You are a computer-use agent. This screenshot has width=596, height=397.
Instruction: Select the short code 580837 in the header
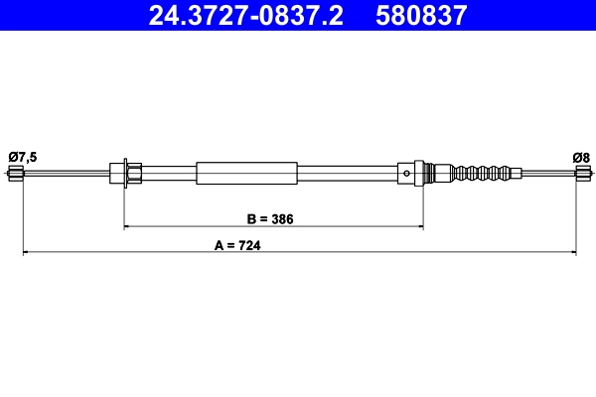(x=420, y=15)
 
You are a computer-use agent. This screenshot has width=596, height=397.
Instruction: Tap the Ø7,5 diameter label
(x=23, y=156)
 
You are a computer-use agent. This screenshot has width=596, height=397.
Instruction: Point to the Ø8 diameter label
(x=581, y=156)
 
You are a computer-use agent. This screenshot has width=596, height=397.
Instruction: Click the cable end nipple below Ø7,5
(x=15, y=176)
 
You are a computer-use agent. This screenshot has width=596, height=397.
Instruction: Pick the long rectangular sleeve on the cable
(x=246, y=173)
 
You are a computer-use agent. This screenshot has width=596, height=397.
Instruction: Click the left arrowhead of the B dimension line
(x=127, y=227)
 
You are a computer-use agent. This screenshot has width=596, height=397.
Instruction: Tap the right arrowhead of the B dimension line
(x=420, y=227)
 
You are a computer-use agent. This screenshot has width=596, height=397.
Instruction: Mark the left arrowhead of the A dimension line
(x=26, y=254)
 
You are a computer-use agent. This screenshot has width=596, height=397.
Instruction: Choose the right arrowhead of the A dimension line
(x=573, y=254)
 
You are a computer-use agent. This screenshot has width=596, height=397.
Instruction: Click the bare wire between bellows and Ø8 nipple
(x=546, y=174)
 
